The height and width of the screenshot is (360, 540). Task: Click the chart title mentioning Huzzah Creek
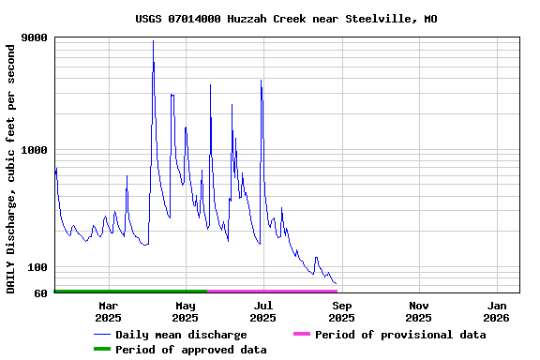click(285, 19)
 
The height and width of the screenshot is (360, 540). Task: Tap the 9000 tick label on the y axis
click(35, 38)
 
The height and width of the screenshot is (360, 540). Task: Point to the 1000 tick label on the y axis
click(35, 150)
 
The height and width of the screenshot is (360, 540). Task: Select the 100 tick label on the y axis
click(37, 267)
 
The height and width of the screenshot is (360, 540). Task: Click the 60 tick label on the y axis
click(41, 293)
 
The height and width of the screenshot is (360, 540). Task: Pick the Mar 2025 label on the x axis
click(108, 311)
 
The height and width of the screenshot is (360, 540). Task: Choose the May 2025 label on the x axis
click(186, 311)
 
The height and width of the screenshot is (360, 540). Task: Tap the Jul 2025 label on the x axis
click(263, 311)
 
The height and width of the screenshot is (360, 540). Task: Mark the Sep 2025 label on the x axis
click(341, 311)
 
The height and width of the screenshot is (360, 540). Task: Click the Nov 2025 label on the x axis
click(419, 311)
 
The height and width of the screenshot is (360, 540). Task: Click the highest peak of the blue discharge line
click(153, 41)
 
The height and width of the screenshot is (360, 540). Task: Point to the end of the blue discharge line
click(336, 283)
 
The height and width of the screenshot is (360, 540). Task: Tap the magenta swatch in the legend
click(301, 335)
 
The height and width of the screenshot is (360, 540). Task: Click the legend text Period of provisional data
click(400, 335)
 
